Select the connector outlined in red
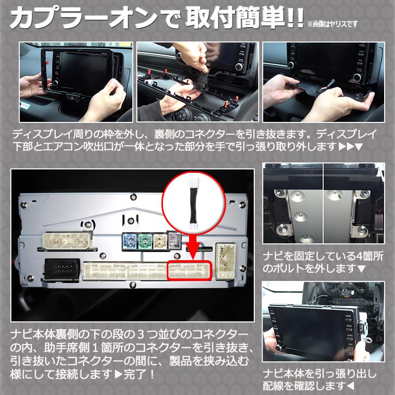click(x=190, y=271)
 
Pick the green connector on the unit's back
click(x=145, y=241)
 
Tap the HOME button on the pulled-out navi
click(x=349, y=315)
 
